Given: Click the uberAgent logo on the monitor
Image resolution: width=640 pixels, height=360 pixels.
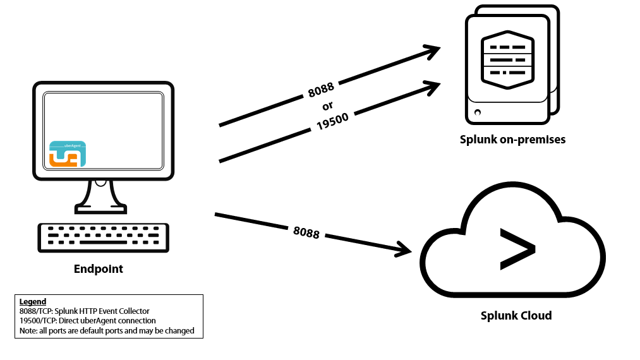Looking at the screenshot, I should click(x=67, y=154).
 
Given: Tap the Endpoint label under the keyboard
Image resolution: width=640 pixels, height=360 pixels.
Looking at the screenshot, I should click(x=98, y=269).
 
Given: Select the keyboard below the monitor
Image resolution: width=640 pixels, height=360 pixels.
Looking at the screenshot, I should click(x=103, y=237).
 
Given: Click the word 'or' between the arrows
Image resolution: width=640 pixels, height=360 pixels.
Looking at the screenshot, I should click(x=327, y=105).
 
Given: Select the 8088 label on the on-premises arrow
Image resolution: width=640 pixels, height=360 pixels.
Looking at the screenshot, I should click(x=321, y=90).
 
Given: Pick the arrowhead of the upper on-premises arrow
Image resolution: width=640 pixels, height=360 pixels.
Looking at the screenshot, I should click(x=433, y=51).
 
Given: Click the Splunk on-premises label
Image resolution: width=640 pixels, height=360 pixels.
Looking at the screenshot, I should click(x=512, y=140).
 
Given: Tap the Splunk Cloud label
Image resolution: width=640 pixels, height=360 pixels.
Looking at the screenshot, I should click(x=516, y=315).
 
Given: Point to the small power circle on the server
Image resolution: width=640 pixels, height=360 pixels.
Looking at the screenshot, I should click(x=477, y=112).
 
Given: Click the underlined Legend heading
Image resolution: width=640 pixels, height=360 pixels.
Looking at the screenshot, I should click(x=33, y=302).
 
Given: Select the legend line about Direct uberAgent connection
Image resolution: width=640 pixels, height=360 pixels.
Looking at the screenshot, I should click(x=88, y=321).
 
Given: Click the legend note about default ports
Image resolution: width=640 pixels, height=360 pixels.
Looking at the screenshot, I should click(x=107, y=330).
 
